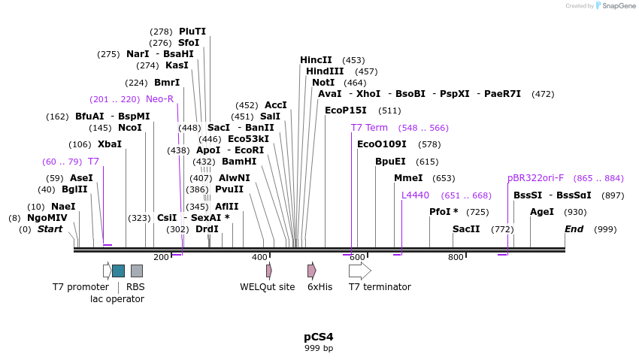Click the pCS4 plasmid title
pos(319,337)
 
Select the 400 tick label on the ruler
pos(259,257)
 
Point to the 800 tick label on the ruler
pos(456,257)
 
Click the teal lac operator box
pos(118,271)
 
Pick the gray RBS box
pos(136,271)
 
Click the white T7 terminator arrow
pos(359,271)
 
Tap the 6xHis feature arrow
pos(311,271)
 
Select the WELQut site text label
pos(267,286)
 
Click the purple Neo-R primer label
pos(159,99)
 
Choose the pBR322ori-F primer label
pos(535,178)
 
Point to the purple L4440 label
pos(415,195)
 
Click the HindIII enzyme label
pos(325,71)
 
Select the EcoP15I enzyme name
pos(346,110)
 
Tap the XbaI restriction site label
pos(110,144)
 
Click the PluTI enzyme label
pos(192,32)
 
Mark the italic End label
pos(574,229)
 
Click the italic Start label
pos(50,229)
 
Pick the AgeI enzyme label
pos(542,212)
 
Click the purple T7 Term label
pos(369,128)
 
